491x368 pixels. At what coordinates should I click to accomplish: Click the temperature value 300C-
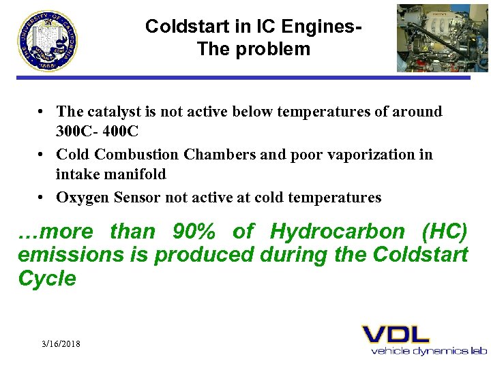pyautogui.click(x=80, y=129)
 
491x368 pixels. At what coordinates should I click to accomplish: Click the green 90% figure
pyautogui.click(x=194, y=232)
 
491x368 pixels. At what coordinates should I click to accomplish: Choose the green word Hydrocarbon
pyautogui.click(x=338, y=232)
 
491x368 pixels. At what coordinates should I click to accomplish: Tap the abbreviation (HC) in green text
pyautogui.click(x=445, y=232)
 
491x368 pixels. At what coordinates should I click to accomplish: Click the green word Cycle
pyautogui.click(x=46, y=279)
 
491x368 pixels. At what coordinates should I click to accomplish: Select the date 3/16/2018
pyautogui.click(x=61, y=344)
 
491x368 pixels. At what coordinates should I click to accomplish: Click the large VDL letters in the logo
pyautogui.click(x=396, y=334)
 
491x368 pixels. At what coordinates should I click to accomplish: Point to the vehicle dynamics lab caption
pyautogui.click(x=429, y=351)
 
